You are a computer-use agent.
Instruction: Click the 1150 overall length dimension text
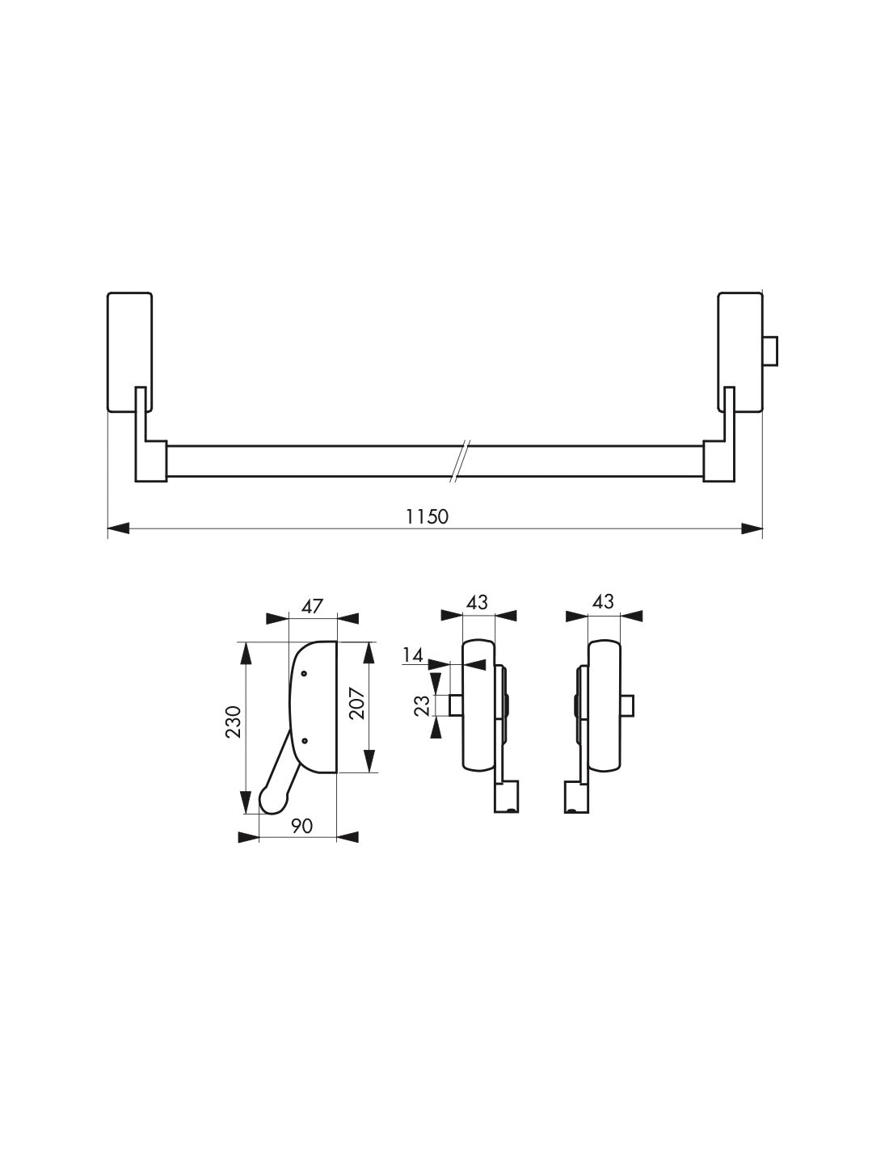[428, 516]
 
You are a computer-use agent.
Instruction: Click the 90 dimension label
[301, 826]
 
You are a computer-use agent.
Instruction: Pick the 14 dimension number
[413, 655]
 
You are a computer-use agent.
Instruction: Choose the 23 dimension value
[421, 705]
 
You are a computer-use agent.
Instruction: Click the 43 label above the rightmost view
[603, 602]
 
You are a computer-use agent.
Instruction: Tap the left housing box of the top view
[129, 351]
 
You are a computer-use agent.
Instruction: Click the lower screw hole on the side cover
[305, 739]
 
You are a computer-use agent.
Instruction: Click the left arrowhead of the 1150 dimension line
[118, 529]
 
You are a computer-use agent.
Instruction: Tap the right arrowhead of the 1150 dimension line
[752, 529]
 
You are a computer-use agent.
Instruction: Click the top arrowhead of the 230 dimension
[246, 653]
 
